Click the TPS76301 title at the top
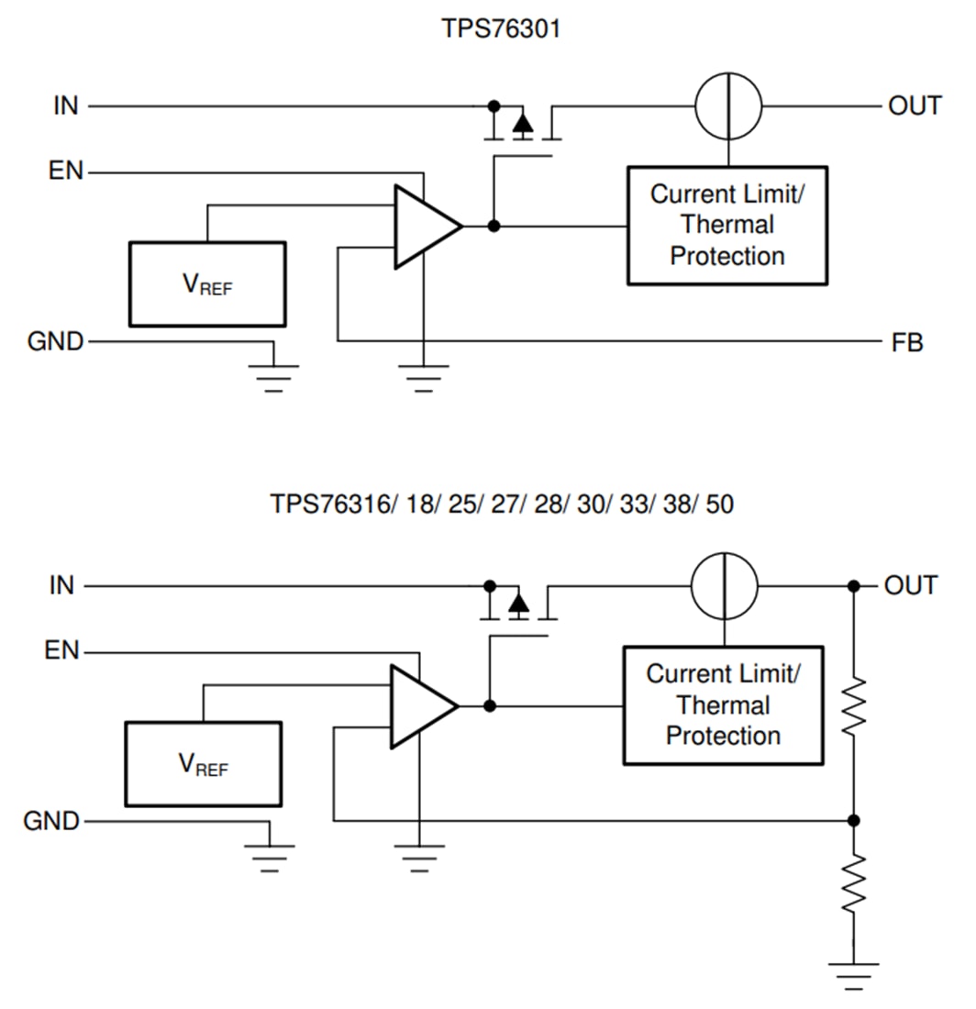[501, 29]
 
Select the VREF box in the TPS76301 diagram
[207, 284]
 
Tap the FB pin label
[906, 343]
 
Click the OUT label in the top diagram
[914, 106]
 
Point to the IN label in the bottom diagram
[61, 586]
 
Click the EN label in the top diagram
[66, 172]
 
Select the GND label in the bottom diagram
[51, 821]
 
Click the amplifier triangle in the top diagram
[423, 227]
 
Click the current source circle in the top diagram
[728, 106]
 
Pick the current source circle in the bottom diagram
[725, 586]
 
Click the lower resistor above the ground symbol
[853, 882]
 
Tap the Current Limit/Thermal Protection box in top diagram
[727, 226]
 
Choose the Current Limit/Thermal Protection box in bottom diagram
[723, 705]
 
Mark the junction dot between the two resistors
[853, 821]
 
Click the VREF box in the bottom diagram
[203, 764]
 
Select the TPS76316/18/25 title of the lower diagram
[501, 504]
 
